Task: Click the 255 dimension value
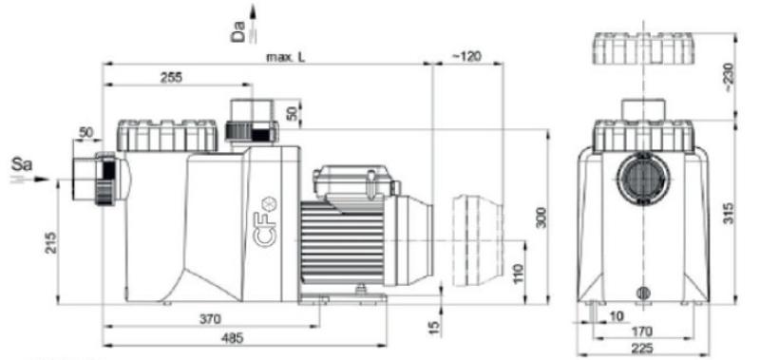(172, 78)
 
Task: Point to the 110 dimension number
(517, 275)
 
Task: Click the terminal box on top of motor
(350, 180)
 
